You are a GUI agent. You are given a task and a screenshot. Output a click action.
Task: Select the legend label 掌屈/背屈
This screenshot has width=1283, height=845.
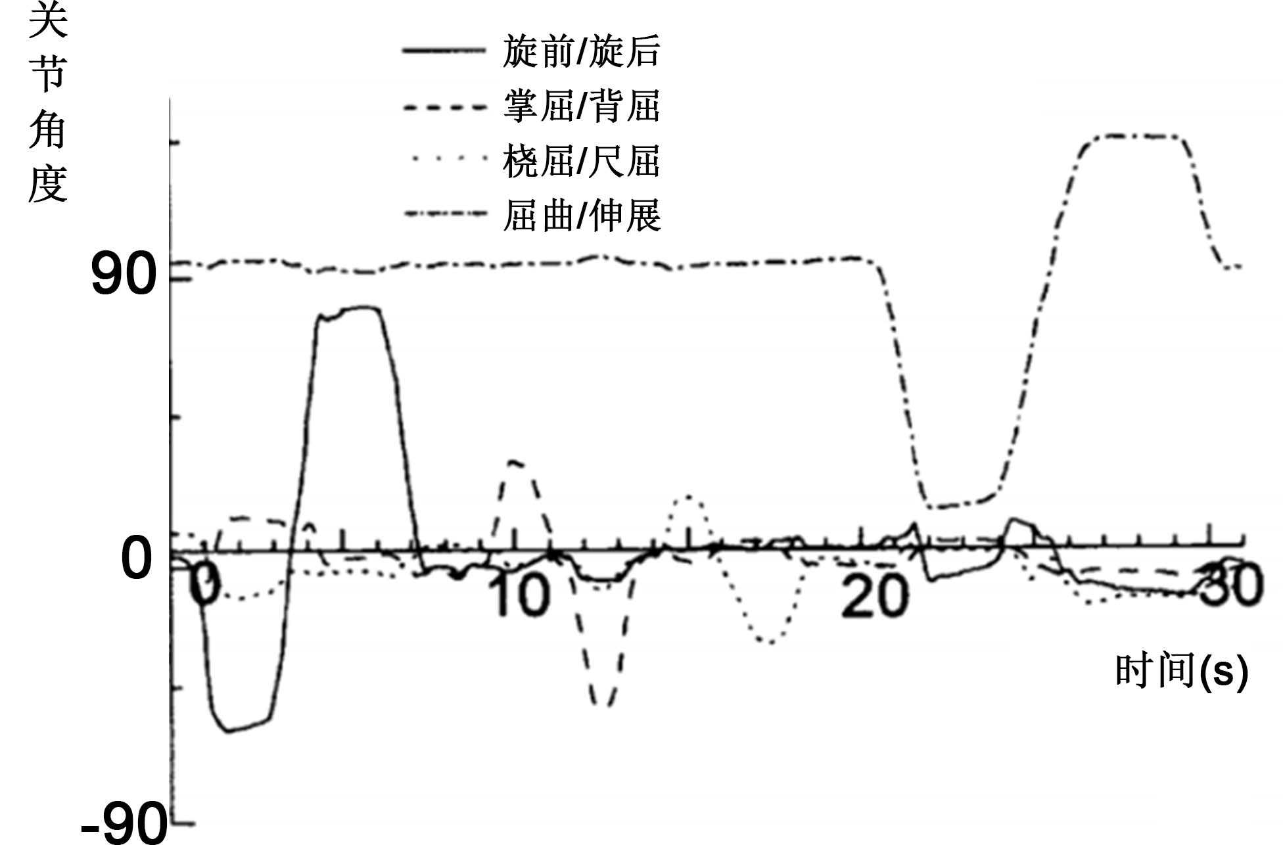[581, 106]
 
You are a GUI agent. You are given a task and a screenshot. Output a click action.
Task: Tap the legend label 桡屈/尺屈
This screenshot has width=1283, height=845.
[581, 161]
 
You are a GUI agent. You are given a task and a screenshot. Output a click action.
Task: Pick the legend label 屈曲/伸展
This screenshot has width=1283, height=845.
[581, 216]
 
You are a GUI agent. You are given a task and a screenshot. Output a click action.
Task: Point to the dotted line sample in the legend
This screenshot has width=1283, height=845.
[444, 158]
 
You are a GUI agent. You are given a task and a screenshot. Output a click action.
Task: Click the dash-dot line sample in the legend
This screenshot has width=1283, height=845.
[444, 213]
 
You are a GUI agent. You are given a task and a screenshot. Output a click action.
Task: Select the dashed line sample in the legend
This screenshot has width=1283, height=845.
[444, 106]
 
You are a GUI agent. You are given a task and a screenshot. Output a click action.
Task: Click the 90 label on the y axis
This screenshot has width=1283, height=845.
[124, 275]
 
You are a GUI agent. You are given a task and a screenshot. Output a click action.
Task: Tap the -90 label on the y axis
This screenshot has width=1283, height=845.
[124, 824]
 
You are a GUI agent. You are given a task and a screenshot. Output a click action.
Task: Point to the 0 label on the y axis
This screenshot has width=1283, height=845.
[137, 559]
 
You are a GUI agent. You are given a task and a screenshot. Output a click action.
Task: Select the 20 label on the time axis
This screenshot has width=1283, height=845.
[875, 596]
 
